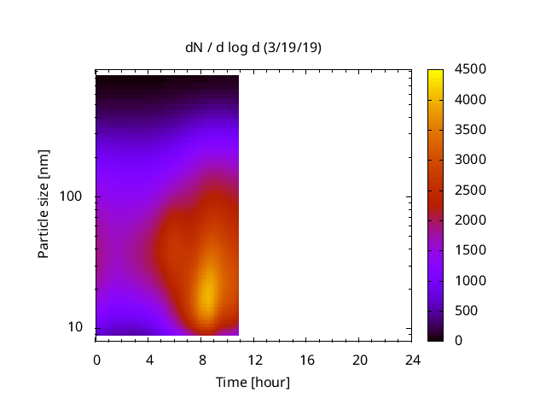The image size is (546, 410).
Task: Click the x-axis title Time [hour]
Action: tap(253, 382)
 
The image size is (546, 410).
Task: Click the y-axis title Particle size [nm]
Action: tap(44, 204)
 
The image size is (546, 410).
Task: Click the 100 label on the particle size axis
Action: tap(70, 197)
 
